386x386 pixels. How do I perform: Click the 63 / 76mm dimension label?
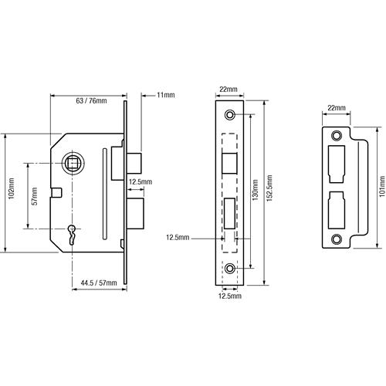(x=91, y=101)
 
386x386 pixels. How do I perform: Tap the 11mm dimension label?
(x=166, y=95)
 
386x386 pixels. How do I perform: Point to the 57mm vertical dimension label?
(x=35, y=196)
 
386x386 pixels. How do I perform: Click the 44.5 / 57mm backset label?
(x=99, y=283)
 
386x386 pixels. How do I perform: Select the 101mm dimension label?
(x=382, y=186)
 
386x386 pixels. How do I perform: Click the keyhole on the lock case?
(x=72, y=234)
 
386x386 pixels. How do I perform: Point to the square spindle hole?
(x=72, y=164)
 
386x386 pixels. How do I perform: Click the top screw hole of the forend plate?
(x=230, y=114)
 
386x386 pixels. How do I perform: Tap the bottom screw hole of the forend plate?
(x=230, y=269)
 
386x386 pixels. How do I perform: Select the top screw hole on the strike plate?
(x=337, y=136)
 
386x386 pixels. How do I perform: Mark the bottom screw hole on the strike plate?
(x=337, y=239)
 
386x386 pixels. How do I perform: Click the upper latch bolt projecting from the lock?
(x=135, y=163)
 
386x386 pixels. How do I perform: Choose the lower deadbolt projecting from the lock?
(x=136, y=214)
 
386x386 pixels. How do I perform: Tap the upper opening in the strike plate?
(x=337, y=164)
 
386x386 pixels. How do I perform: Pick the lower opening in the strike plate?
(x=337, y=210)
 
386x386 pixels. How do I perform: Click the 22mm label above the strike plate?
(x=337, y=108)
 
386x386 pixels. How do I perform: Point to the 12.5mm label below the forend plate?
(x=230, y=296)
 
